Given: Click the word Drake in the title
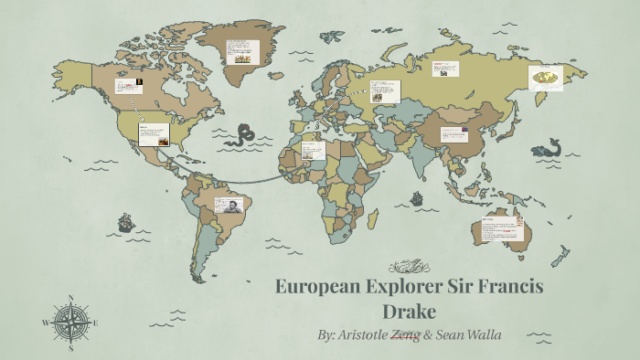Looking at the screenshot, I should point(410,310).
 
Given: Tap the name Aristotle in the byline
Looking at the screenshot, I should point(363,335).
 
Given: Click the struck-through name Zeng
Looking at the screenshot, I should point(405,335).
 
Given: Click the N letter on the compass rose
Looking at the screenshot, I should point(70,298).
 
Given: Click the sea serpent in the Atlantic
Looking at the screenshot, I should point(243,135).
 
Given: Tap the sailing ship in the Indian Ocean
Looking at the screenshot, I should point(417,197).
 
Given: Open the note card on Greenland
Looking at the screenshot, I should point(241,51).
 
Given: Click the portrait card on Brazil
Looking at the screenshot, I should point(228,207).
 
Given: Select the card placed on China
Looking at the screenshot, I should point(454,134).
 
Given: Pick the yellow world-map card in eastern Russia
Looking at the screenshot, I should point(547,78).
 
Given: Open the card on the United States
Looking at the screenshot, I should point(153,135).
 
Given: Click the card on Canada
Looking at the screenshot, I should point(128,87).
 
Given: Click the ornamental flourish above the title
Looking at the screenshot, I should point(409,268).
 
